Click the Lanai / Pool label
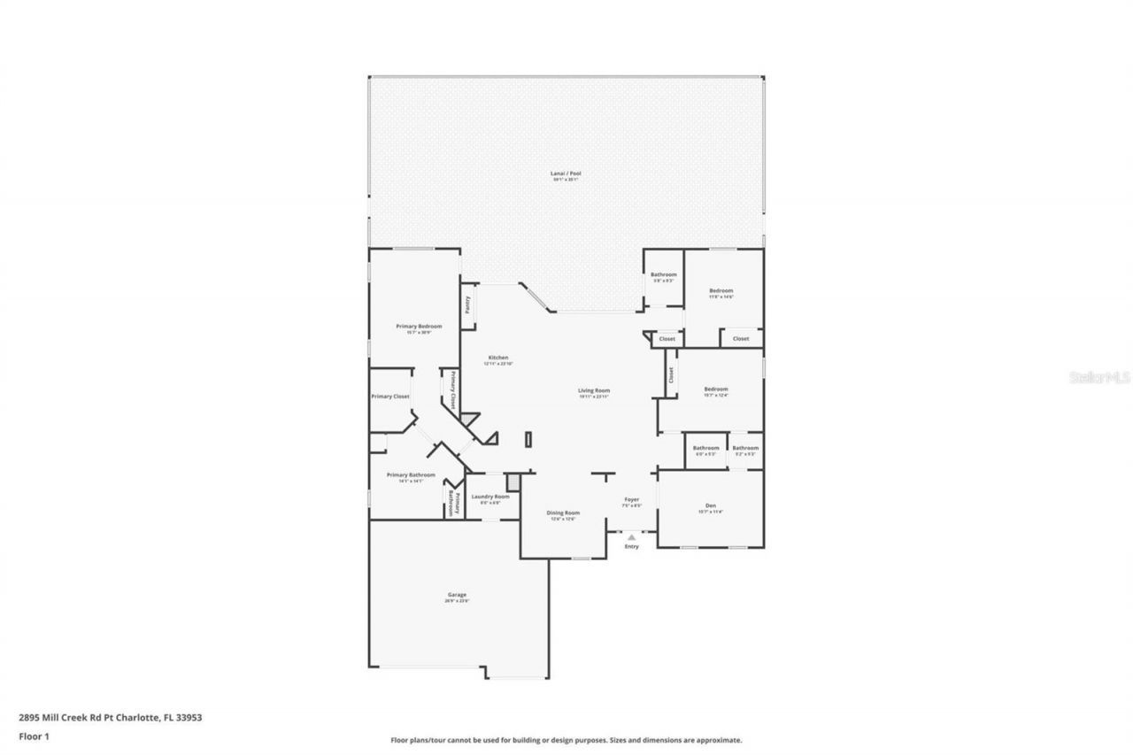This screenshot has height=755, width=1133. coord(566,173)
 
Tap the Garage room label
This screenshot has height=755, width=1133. coord(456,595)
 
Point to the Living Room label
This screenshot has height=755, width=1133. coord(594,390)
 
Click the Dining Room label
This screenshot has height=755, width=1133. coord(563,512)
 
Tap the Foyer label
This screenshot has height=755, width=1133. coord(632,499)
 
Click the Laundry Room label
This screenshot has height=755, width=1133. coord(490,497)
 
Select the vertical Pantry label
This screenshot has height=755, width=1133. coord(467,304)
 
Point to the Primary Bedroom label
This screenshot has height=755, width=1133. coord(419,326)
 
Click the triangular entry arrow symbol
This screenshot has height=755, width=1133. coord(631,536)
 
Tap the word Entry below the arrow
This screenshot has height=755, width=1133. coord(631,546)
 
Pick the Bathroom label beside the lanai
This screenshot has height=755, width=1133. coord(663,274)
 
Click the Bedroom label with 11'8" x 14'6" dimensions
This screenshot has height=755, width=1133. coord(721,290)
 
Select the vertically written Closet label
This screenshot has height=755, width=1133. coord(671,375)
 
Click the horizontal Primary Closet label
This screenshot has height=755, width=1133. coord(390,397)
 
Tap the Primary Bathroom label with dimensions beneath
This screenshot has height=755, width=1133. coord(411,474)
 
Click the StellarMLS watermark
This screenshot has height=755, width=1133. coord(1100,377)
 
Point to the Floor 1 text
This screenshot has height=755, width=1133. coord(34,736)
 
